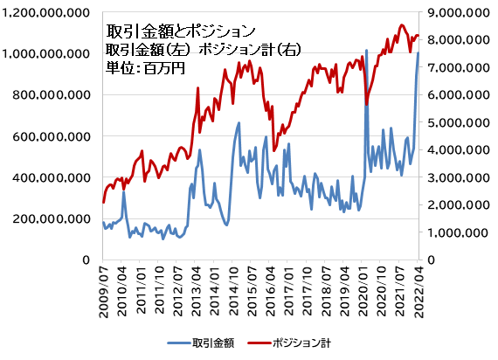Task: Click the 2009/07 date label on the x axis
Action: tap(104, 293)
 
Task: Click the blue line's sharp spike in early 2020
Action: tap(366, 51)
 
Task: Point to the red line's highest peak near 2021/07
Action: tap(401, 25)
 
